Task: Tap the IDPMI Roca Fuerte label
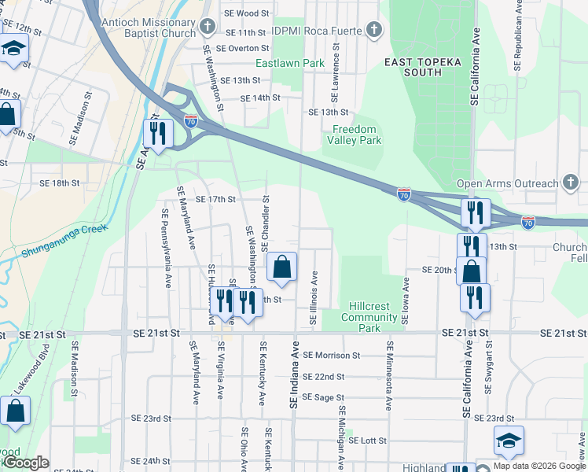(318, 31)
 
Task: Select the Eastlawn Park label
(289, 63)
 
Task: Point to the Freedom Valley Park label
(355, 135)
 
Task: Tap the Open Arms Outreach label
(506, 184)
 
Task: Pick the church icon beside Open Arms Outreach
(571, 183)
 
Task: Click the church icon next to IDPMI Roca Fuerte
(374, 31)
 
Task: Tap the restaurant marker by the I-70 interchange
(160, 135)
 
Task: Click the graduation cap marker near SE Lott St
(509, 442)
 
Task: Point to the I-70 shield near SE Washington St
(191, 121)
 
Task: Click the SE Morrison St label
(331, 356)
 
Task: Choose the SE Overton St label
(243, 48)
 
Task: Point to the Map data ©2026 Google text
(539, 466)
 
